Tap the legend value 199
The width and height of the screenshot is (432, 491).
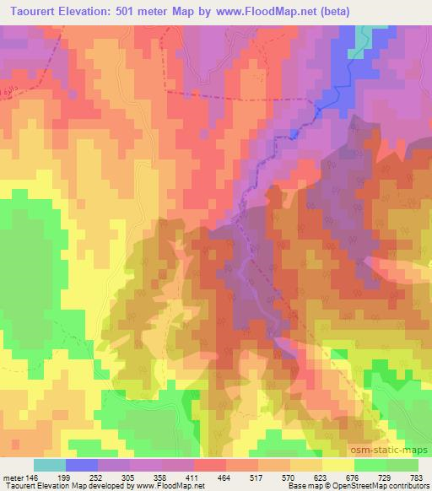coord(82,477)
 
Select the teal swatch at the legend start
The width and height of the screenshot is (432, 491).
coord(50,465)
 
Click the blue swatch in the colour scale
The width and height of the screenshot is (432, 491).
coord(82,465)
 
